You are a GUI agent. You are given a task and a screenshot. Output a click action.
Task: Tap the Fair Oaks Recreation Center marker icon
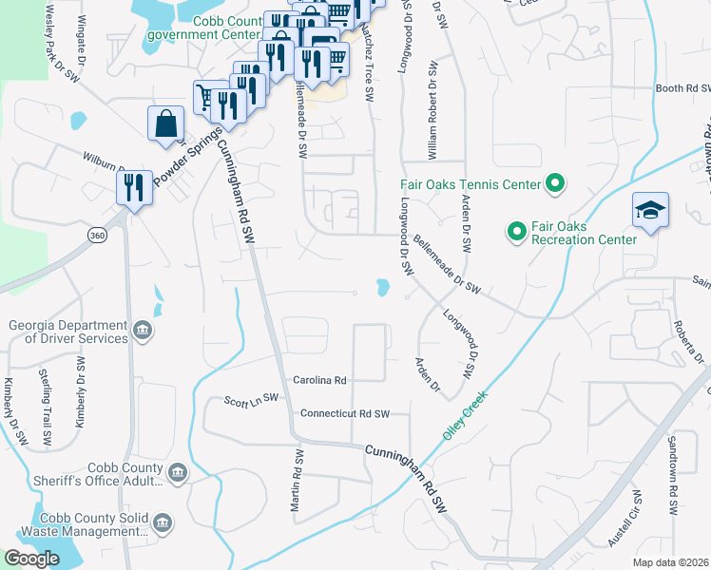[516, 231]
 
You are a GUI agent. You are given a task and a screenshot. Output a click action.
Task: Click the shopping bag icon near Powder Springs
[165, 124]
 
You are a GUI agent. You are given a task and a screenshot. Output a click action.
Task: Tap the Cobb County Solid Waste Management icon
[162, 523]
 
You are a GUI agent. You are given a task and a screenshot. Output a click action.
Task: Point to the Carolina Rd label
[319, 380]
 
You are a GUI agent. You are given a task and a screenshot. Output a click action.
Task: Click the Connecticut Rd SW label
[345, 414]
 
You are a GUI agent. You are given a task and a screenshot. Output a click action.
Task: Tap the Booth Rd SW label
[682, 88]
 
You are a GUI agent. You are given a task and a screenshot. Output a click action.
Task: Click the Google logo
[31, 559]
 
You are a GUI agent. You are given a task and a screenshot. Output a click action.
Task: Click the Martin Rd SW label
[297, 485]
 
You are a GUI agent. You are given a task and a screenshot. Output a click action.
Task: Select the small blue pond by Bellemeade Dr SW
[382, 287]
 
